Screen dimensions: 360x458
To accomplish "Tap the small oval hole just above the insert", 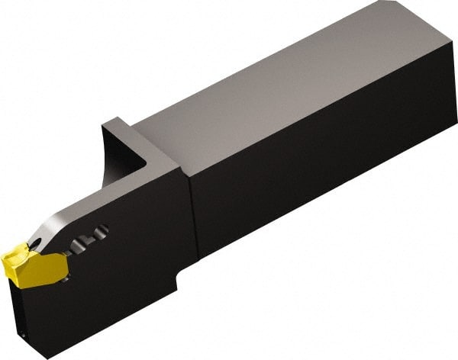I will [37, 243].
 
